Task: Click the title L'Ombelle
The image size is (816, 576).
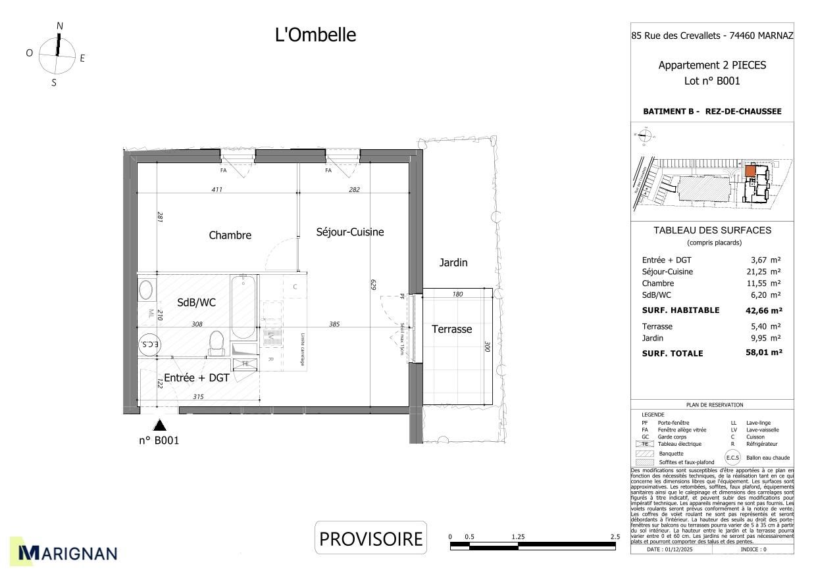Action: (x=315, y=35)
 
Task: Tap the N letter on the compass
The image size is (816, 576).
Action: (x=60, y=26)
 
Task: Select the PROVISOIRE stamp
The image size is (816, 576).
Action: (x=370, y=539)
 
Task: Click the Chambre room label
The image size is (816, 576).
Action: (x=230, y=235)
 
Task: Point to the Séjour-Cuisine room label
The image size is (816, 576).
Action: (x=349, y=232)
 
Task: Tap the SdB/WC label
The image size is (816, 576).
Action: (x=196, y=302)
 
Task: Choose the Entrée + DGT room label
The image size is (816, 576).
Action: (x=196, y=378)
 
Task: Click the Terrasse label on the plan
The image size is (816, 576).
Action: (x=451, y=329)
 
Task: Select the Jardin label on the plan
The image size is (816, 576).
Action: (x=453, y=263)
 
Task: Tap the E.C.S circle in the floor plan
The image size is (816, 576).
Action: (x=149, y=345)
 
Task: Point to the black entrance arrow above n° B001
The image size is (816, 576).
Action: (x=159, y=426)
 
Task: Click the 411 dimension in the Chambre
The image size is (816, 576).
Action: (x=217, y=190)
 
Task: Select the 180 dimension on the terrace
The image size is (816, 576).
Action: (x=457, y=294)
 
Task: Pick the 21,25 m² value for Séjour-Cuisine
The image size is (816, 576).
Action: (x=765, y=272)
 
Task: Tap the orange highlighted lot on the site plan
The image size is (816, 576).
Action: (x=750, y=170)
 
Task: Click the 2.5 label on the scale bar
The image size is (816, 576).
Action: (x=615, y=537)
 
